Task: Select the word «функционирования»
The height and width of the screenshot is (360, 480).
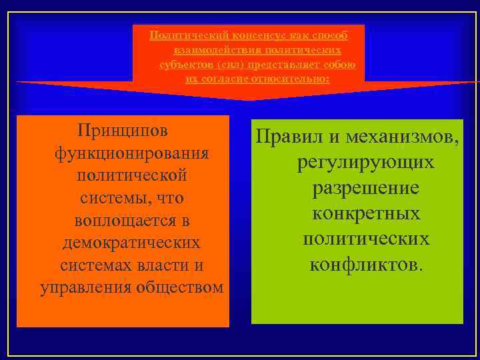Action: point(132,152)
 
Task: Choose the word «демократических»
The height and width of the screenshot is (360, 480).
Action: point(131,242)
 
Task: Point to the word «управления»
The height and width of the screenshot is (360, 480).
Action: point(86,287)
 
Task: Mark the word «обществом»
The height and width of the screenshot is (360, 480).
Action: point(180,287)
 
